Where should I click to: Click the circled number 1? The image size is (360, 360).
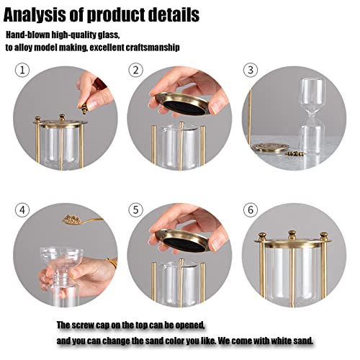pos(22,71)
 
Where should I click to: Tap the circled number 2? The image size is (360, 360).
pos(136,71)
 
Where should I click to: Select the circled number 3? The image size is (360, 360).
pos(251,71)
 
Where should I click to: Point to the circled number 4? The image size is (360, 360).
pos(22,210)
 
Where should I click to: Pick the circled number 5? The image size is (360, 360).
pos(136,210)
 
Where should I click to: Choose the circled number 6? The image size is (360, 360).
pos(251,210)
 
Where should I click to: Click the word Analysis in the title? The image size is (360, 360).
pos(35,15)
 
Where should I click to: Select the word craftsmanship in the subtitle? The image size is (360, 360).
pos(153,48)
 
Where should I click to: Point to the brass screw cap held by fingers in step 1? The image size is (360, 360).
pos(84,109)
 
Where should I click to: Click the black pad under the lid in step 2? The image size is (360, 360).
pos(184,108)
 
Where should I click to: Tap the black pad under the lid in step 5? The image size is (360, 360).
pos(184,245)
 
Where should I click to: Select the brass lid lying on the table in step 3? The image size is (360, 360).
pos(270,147)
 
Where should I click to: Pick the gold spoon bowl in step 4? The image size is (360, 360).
pos(72,220)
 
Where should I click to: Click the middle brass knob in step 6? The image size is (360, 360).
pos(292,235)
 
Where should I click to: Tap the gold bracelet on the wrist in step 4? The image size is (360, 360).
pos(112,263)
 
